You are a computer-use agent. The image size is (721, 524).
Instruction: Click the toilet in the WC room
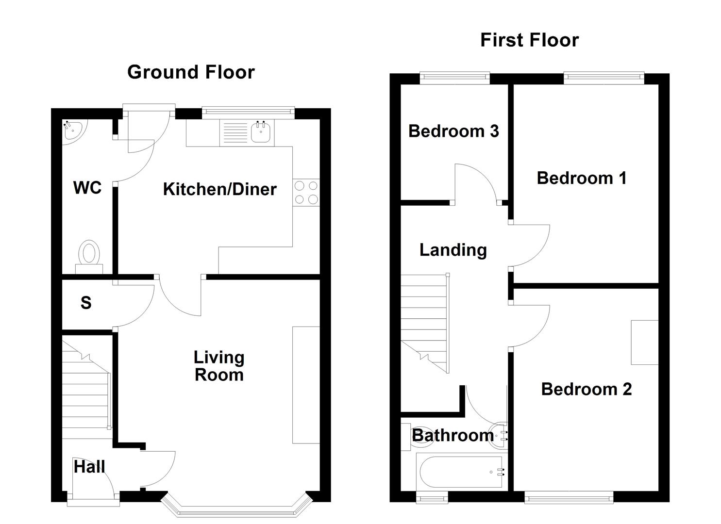pos(89,255)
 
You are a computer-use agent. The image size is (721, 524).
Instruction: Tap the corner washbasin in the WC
pos(72,131)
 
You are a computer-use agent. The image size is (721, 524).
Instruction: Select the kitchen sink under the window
pos(261,132)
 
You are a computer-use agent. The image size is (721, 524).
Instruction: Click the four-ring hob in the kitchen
pos(306,192)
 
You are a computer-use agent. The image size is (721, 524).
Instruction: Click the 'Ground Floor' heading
pos(191,72)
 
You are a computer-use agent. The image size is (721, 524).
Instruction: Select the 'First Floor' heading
pos(529,40)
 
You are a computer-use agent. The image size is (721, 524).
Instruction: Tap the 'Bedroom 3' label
pos(453,131)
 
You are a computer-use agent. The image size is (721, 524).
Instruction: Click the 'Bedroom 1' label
pos(581,178)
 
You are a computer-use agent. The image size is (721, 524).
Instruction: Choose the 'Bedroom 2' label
pos(586,389)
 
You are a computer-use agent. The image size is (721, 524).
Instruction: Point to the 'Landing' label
pos(453,250)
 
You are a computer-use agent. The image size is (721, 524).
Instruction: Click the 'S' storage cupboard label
pos(86,303)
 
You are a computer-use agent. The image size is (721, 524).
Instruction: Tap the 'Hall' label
pos(89,467)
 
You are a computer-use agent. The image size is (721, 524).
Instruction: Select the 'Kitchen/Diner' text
pos(219,189)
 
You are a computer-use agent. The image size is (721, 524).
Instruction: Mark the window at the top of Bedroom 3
pos(454,77)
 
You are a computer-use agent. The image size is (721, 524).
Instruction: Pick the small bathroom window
pos(432,497)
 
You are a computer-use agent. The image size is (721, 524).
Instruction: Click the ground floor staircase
pos(85,388)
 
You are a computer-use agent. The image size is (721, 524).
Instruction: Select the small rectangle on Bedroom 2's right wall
pos(644,342)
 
